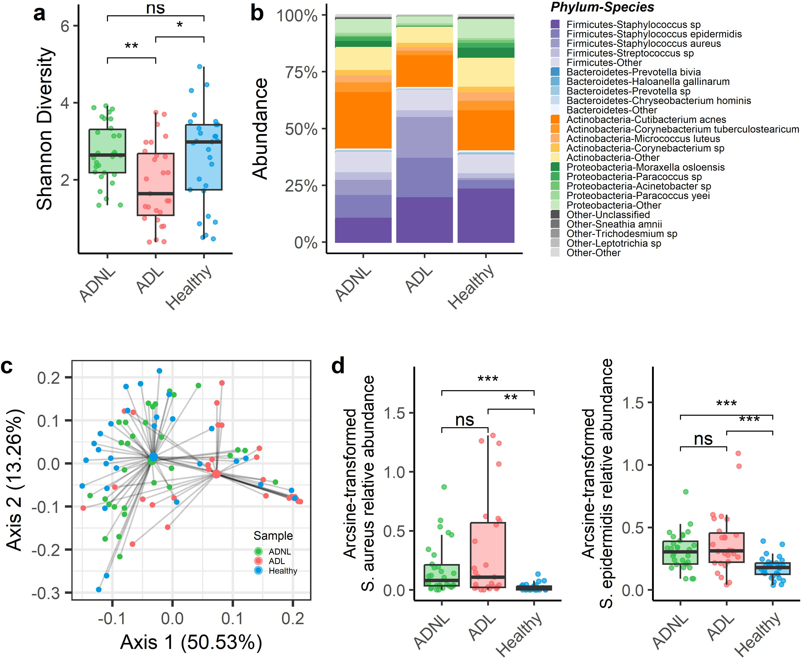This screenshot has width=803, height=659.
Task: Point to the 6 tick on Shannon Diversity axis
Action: click(x=65, y=26)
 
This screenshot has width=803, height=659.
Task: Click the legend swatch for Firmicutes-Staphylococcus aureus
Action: click(x=555, y=44)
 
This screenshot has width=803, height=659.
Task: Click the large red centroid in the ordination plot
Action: click(x=216, y=474)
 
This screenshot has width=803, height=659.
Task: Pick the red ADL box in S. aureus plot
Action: click(x=488, y=555)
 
